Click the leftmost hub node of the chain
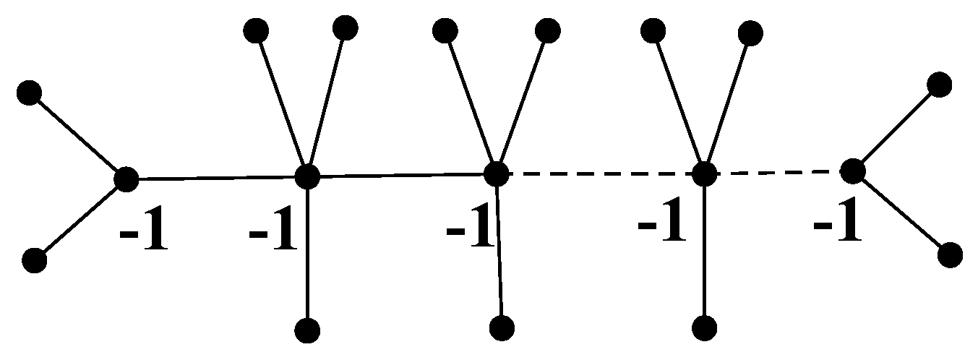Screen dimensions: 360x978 [x=126, y=178]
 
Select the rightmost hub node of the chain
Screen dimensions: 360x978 [x=853, y=171]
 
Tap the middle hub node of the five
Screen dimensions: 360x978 [x=496, y=173]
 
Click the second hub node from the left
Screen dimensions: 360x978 [x=307, y=176]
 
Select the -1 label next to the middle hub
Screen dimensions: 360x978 [x=470, y=231]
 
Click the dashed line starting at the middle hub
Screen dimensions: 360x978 [x=600, y=173]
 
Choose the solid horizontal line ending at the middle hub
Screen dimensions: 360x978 [x=401, y=174]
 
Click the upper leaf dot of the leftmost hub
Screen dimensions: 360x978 [x=30, y=93]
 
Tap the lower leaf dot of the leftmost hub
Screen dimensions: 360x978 [x=34, y=260]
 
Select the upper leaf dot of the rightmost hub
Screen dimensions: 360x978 [x=939, y=84]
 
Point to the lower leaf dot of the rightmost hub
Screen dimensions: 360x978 [x=950, y=255]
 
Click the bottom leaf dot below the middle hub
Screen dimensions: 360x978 [x=502, y=328]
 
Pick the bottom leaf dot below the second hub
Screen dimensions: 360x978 [x=307, y=330]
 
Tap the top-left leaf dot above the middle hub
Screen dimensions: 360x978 [x=445, y=30]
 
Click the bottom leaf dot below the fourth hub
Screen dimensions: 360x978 [x=704, y=328]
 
